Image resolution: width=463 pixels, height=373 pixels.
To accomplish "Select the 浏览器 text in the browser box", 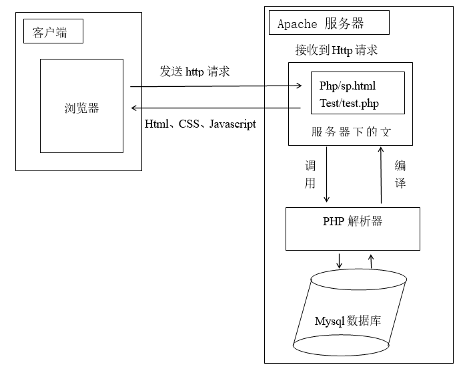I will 81,108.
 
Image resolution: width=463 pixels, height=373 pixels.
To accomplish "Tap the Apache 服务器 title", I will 320,24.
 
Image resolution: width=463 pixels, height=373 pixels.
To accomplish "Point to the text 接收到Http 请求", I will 336,50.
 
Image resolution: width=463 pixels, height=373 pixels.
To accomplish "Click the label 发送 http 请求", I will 194,72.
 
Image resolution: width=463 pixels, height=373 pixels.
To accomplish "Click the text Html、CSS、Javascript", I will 200,124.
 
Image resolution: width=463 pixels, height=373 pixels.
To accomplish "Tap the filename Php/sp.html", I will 347,86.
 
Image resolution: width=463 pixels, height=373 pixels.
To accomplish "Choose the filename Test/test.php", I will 349,103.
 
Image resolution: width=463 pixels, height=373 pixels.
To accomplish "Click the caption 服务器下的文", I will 350,132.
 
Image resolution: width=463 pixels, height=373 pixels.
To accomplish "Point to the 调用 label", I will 310,174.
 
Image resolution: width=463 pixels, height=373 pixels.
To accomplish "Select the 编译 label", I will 400,174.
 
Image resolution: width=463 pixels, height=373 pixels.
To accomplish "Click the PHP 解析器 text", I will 352,221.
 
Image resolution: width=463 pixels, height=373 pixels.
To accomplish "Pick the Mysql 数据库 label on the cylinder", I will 348,321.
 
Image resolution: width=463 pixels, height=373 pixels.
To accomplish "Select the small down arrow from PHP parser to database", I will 339,261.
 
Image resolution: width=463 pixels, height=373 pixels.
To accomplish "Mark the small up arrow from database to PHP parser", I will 371,261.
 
